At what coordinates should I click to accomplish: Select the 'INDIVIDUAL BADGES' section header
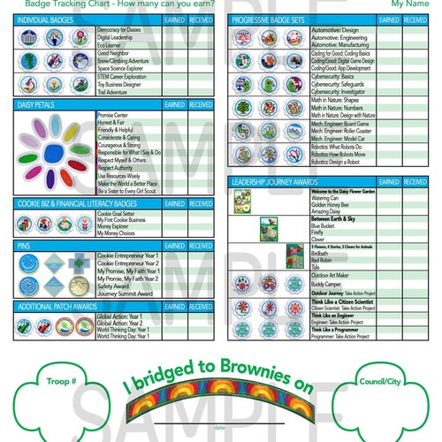click(43, 19)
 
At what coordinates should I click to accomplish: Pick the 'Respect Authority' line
click(118, 167)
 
